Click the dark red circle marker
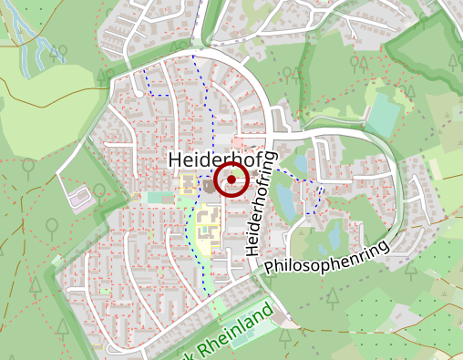231,180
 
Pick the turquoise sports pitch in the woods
384,113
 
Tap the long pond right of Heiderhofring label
285,200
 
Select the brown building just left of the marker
210,186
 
